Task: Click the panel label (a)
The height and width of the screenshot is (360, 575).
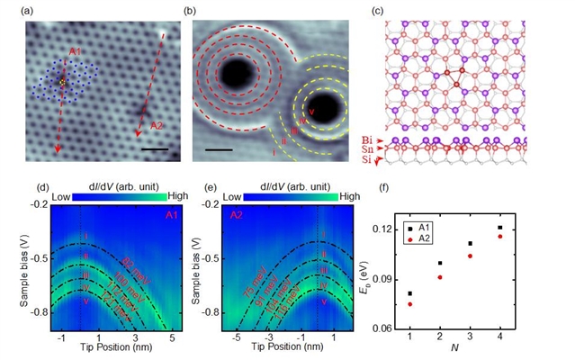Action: pos(31,12)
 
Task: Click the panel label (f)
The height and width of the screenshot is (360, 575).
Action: pos(384,189)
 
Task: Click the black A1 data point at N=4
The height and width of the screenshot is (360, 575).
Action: pos(526,228)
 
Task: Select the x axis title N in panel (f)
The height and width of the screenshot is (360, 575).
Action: pos(481,346)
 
